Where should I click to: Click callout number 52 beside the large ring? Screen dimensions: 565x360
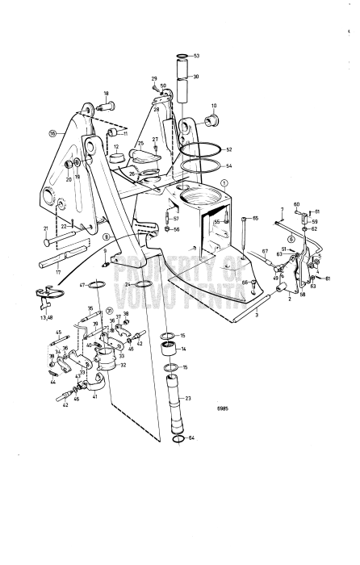pos(228,151)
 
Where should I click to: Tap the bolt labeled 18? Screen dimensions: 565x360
pos(109,105)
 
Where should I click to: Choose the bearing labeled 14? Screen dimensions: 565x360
pos(170,348)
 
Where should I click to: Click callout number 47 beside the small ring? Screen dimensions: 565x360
pos(82,285)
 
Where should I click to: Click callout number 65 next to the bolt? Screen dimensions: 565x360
pos(255,218)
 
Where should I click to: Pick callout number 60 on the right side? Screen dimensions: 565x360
pos(295,205)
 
